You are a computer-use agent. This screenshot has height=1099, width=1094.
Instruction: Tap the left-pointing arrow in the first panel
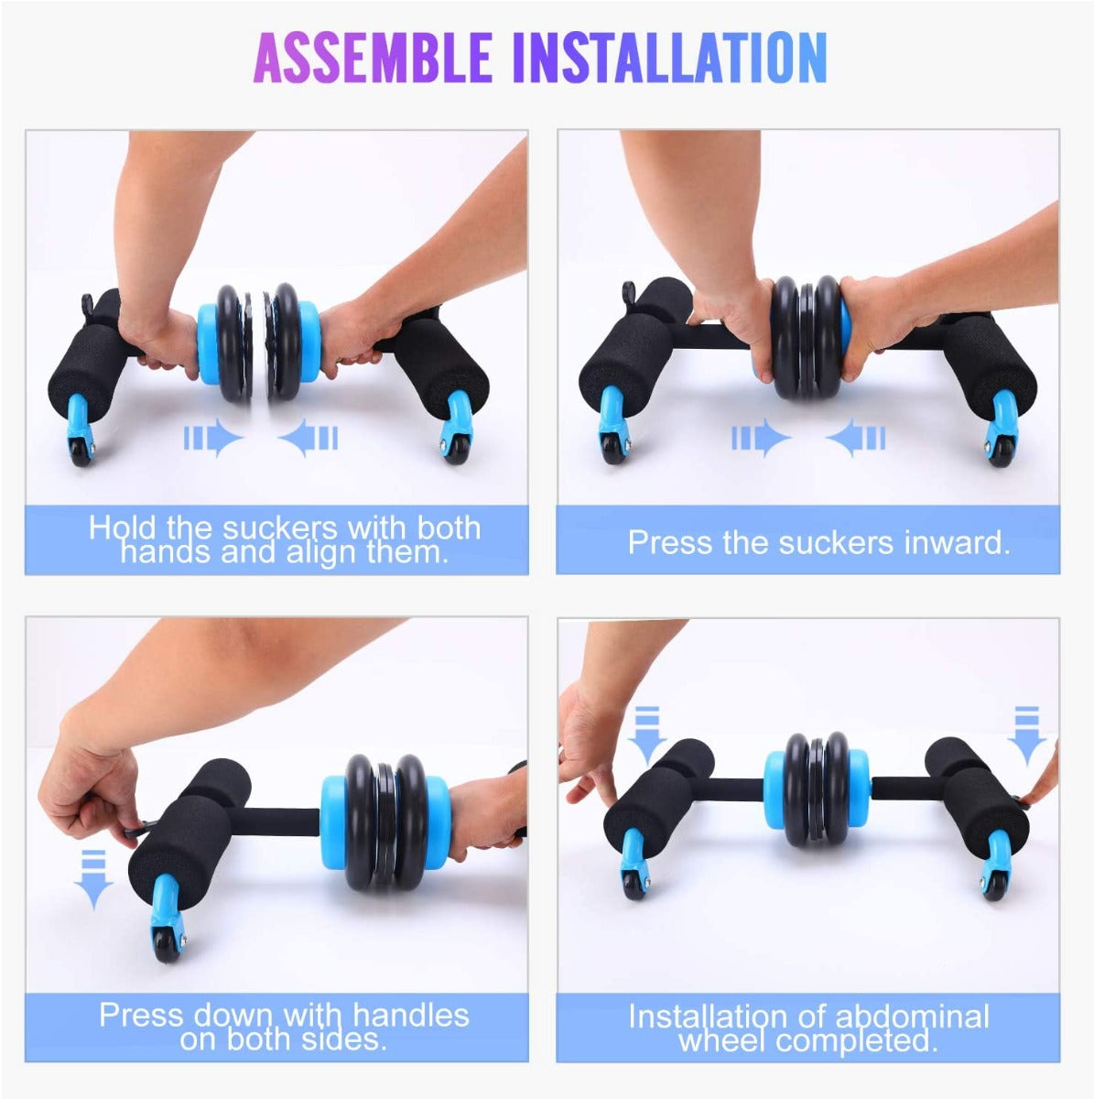(309, 438)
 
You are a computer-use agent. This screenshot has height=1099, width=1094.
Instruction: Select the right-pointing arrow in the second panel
(762, 438)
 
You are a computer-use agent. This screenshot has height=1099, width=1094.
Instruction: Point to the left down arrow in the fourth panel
(646, 735)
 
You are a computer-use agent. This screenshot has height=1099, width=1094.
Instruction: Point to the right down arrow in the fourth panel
(1027, 735)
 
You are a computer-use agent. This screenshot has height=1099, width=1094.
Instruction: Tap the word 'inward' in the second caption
(957, 542)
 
